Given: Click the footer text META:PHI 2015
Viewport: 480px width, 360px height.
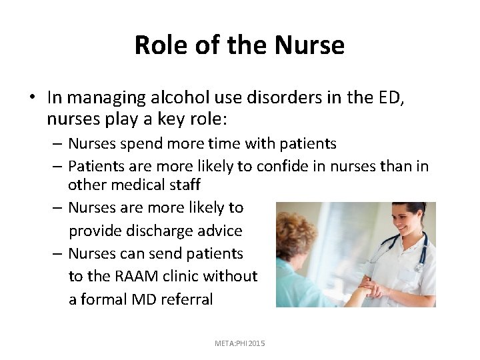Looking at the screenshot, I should pos(239,343).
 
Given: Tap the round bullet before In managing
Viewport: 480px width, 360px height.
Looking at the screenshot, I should pos(32,98).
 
